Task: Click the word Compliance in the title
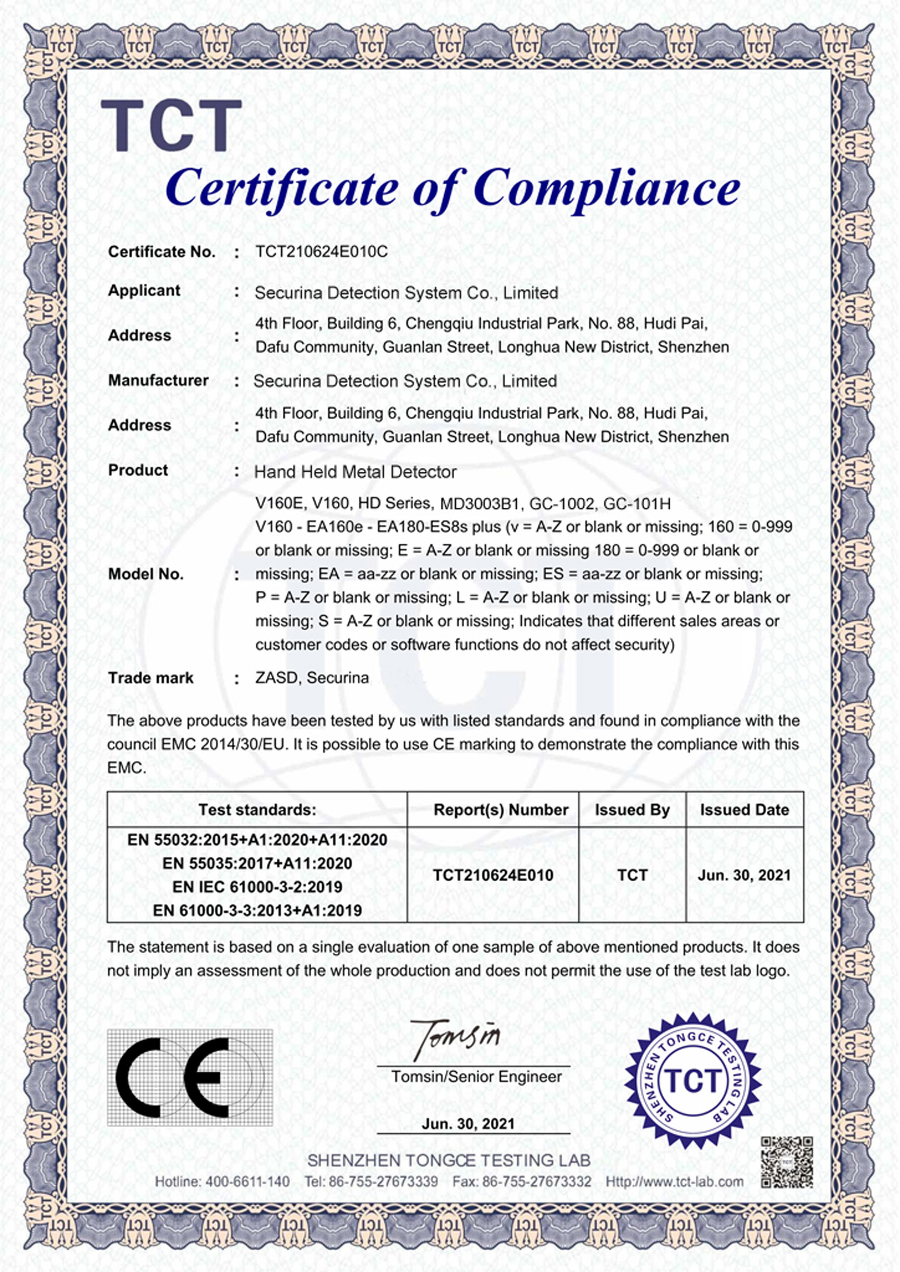[x=607, y=188]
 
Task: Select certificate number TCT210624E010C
[x=322, y=252]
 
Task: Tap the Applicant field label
[x=144, y=291]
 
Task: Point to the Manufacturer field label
[x=159, y=380]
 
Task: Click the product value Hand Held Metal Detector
[x=355, y=472]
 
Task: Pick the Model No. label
[x=146, y=574]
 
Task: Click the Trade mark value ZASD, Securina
[x=312, y=678]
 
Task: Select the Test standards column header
[x=257, y=810]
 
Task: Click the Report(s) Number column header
[x=501, y=810]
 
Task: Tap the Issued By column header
[x=632, y=810]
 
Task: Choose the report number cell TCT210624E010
[x=493, y=875]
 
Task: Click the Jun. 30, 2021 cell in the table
[x=744, y=875]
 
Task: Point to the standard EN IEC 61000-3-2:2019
[x=257, y=887]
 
